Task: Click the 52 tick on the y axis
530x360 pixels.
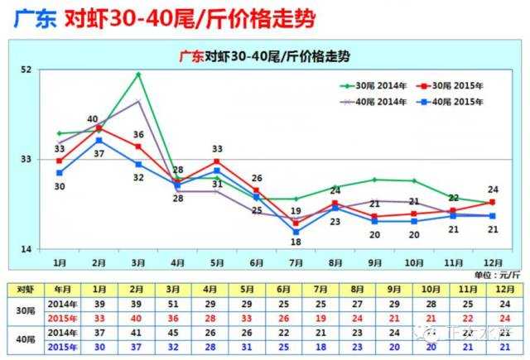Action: (x=25, y=70)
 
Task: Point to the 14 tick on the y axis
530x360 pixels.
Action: (x=25, y=249)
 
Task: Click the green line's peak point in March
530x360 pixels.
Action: (x=138, y=74)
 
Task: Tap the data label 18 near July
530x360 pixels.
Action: (x=296, y=242)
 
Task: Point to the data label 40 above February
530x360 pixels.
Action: (x=93, y=119)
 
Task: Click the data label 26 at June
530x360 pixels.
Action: (x=257, y=178)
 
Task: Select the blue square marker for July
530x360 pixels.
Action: (x=296, y=232)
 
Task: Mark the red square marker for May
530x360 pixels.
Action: (x=217, y=161)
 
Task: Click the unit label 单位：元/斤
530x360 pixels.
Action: (x=497, y=274)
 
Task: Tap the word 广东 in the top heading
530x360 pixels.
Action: (x=30, y=18)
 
